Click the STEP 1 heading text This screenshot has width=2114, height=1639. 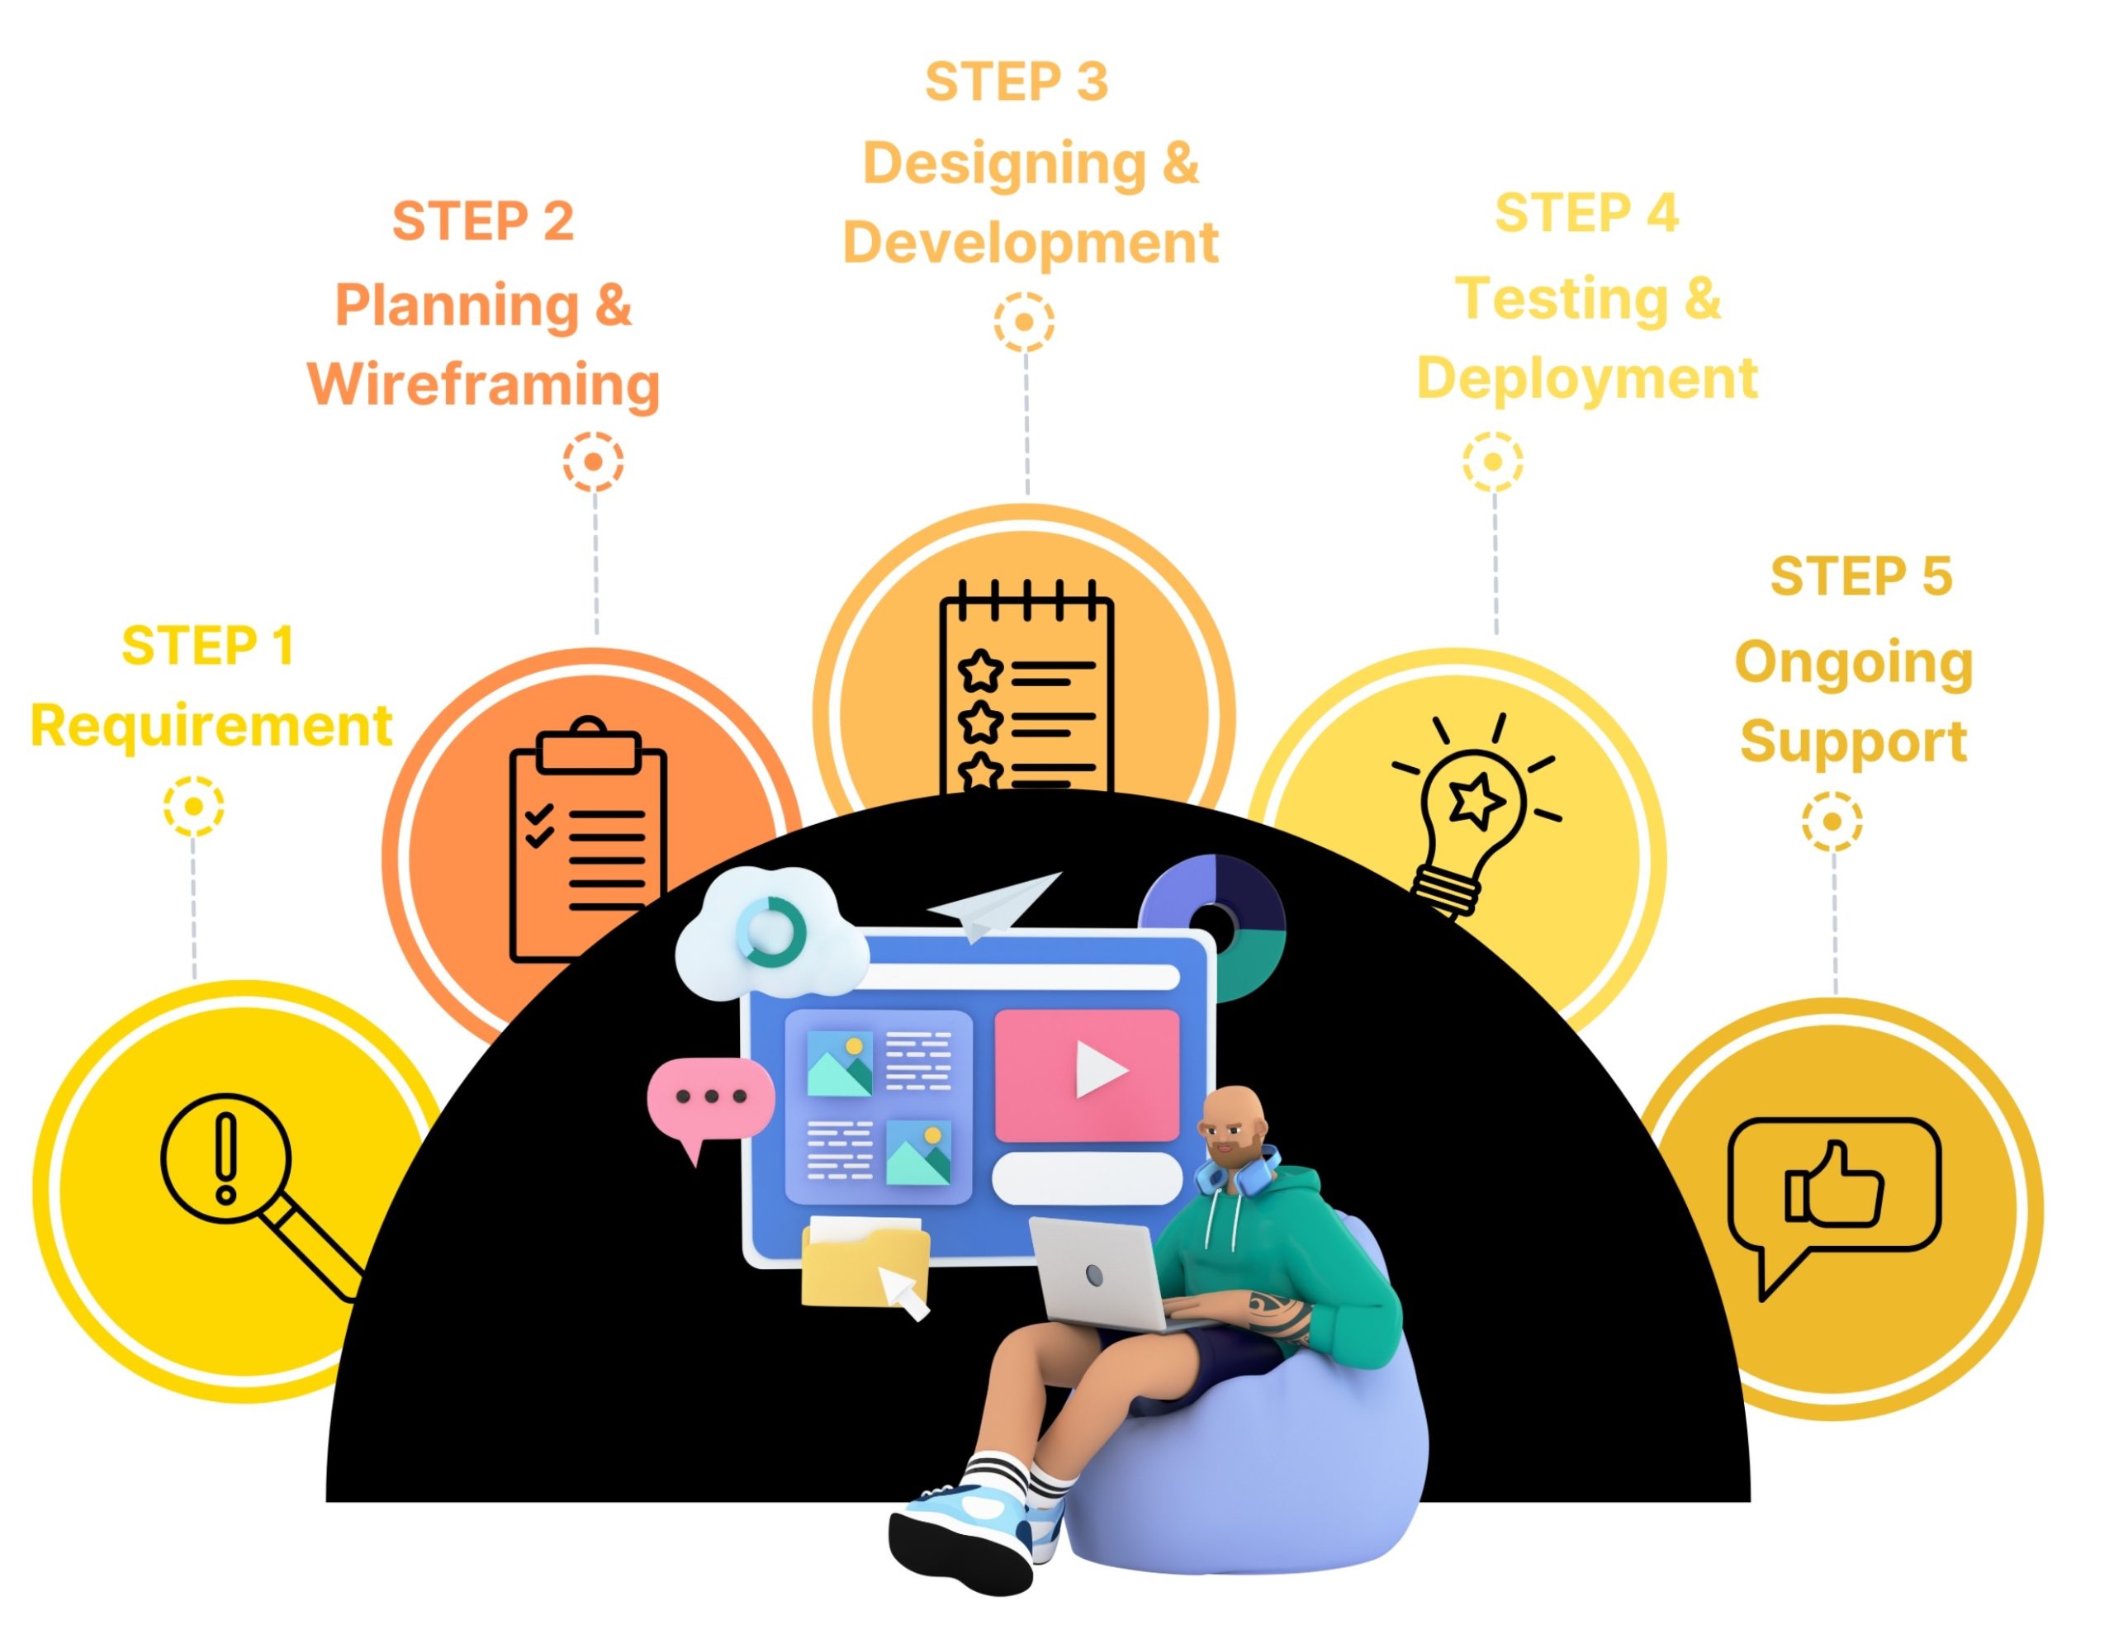tap(208, 646)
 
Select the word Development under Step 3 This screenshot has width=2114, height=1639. tap(1030, 242)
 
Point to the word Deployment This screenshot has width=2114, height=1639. tap(1586, 377)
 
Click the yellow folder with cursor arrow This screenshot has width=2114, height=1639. tap(865, 1263)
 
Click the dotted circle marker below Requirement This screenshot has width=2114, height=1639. tap(193, 805)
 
